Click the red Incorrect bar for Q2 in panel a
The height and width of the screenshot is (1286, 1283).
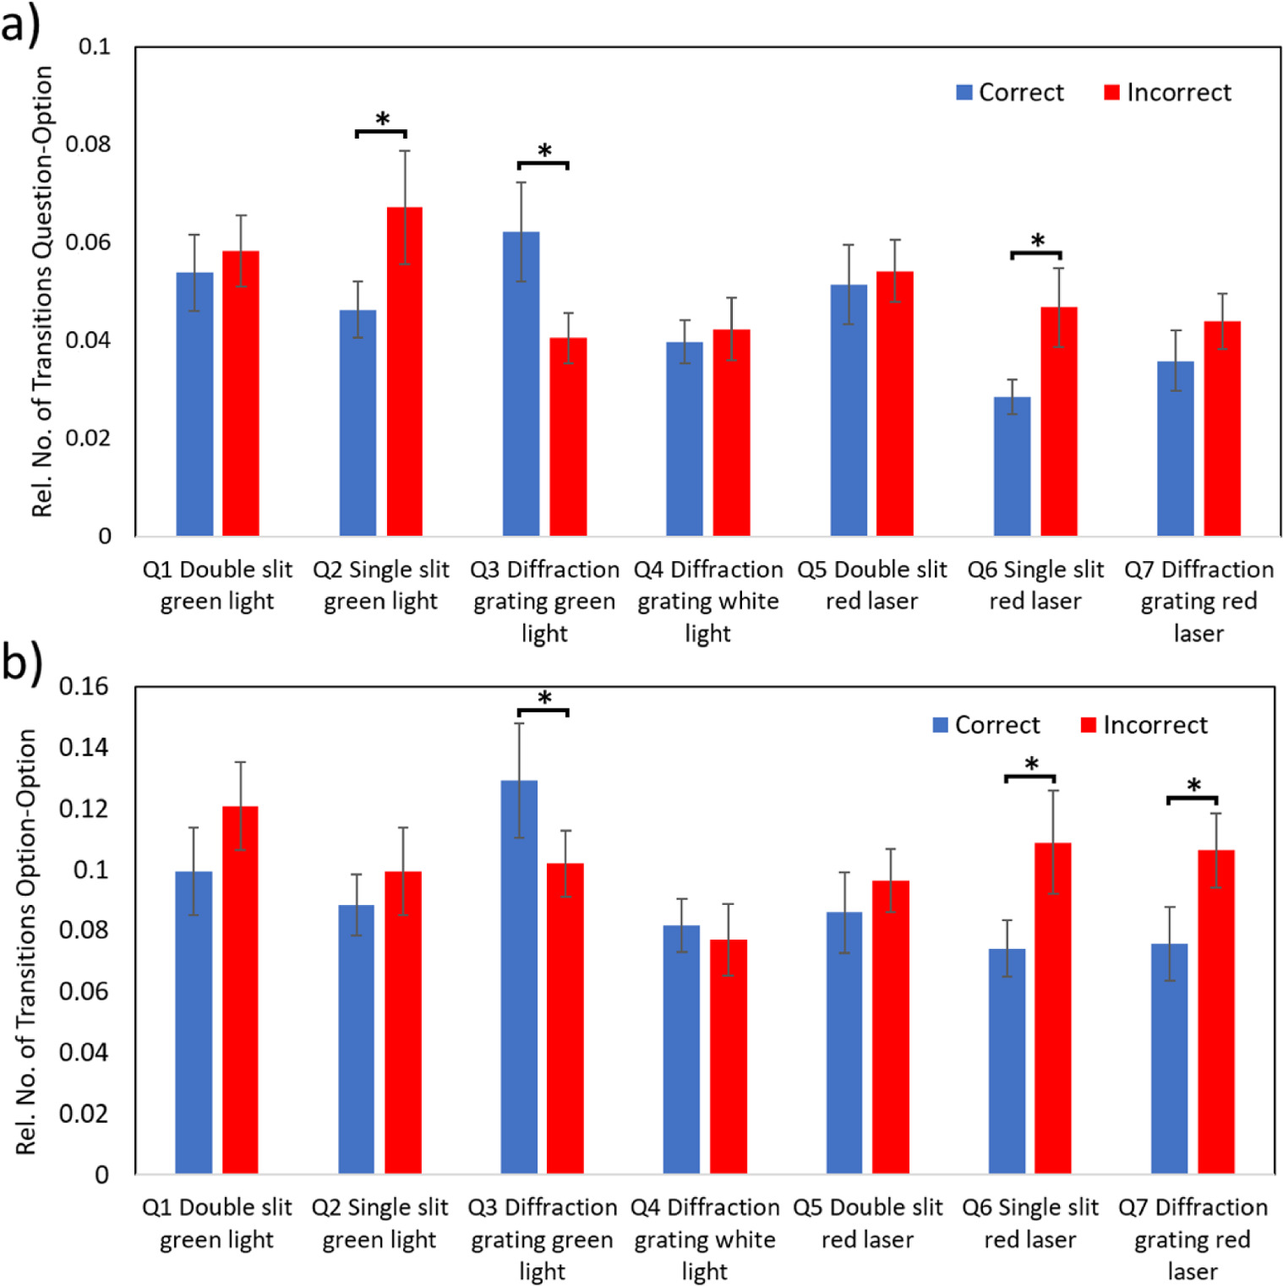404,372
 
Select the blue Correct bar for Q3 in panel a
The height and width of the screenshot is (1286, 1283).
521,384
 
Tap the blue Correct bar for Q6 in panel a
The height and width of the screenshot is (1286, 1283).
1012,466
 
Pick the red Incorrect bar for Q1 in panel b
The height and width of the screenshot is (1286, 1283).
240,989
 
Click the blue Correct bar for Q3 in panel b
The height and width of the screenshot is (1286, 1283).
519,977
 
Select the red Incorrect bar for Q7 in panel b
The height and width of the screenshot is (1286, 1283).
1215,1011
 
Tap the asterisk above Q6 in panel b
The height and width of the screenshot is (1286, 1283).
1031,765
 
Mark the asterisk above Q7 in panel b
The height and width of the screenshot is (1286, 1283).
1193,786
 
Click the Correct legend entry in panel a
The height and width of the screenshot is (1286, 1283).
1010,92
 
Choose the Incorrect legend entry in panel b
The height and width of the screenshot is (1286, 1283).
1144,725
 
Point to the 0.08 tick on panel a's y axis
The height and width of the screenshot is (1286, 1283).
88,144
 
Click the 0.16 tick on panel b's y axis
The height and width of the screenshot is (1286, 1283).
84,686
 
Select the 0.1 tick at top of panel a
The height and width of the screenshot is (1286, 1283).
94,46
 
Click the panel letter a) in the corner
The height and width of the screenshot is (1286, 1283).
20,24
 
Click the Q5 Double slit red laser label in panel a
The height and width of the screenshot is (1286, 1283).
871,585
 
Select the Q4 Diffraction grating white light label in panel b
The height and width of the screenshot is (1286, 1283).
705,1239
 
